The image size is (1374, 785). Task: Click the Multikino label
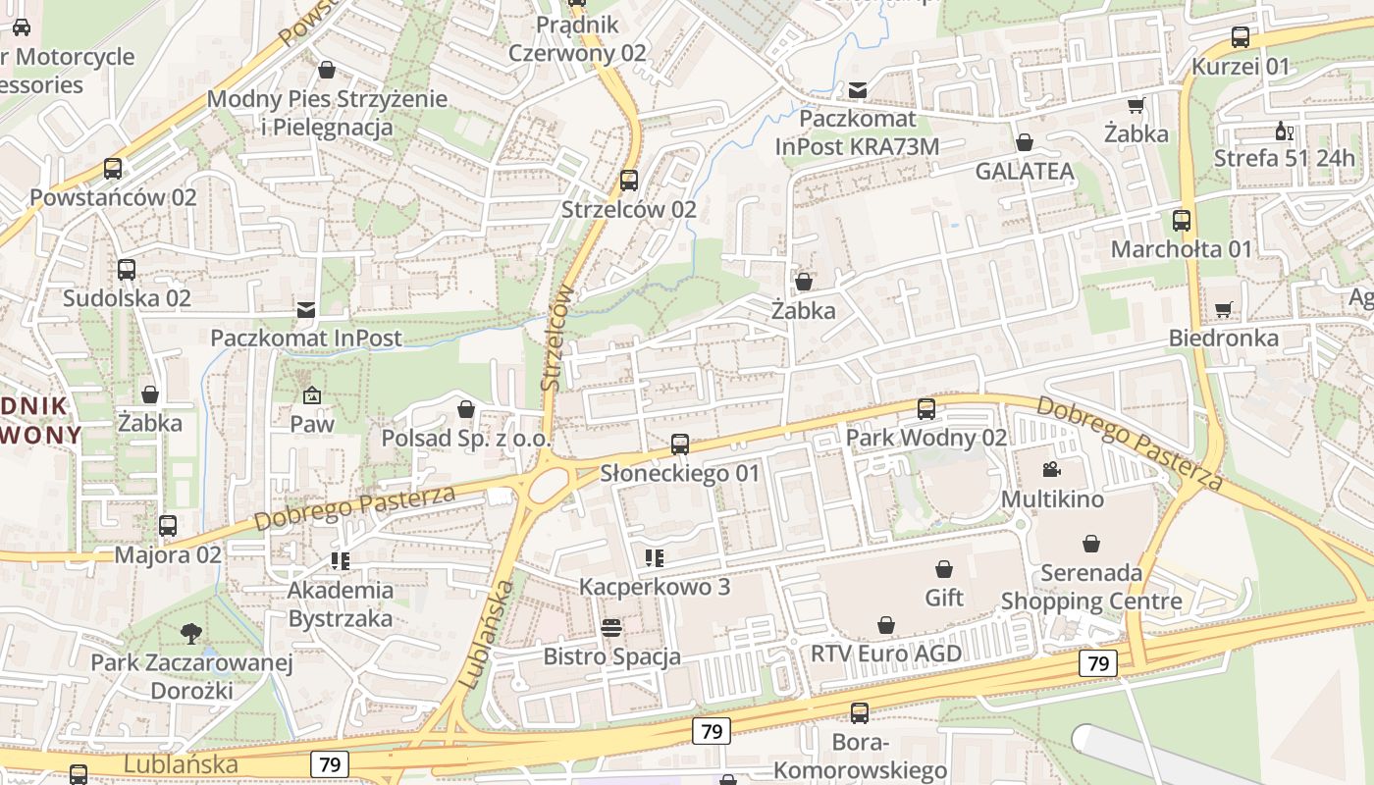coord(1052,499)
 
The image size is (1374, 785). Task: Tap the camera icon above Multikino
coord(1051,470)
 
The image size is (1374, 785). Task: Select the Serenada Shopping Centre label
coord(1091,587)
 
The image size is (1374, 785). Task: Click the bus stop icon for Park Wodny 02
coord(925,409)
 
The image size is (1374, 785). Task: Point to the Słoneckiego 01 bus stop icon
coord(679,445)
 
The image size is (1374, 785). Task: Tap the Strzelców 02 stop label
coord(628,209)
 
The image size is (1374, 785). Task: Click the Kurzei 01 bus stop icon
coord(1240,38)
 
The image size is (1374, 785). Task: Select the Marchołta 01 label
coord(1182,249)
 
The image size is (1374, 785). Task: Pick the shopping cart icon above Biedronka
coord(1223,310)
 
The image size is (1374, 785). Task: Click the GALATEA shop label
coord(1025,172)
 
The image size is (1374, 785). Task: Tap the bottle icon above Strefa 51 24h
coord(1283,131)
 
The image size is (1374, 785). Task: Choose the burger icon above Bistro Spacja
coord(611,628)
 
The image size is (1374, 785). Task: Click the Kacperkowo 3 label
coord(655,587)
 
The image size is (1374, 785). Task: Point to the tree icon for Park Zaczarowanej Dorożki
coord(191,634)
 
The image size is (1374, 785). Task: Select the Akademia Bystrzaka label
coord(341,604)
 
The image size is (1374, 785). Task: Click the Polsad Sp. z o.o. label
coord(466,438)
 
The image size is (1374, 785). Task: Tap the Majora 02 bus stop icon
coord(168,526)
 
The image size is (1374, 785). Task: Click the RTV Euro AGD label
coord(886,654)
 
